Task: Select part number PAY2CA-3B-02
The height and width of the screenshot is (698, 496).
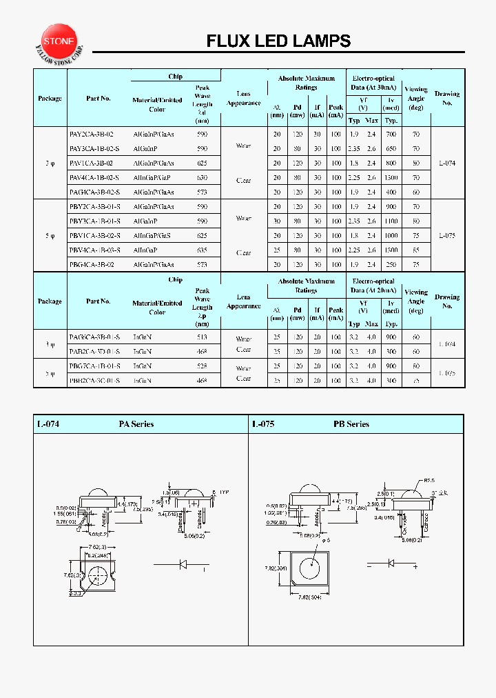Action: [x=92, y=134]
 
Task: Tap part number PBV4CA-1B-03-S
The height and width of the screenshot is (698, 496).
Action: [x=95, y=250]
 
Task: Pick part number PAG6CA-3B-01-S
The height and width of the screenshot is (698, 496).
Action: [x=95, y=337]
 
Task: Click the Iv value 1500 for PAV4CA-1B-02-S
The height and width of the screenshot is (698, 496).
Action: [x=392, y=178]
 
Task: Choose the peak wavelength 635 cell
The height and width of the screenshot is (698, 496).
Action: [x=202, y=250]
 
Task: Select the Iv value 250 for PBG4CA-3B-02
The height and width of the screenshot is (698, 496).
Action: [x=392, y=265]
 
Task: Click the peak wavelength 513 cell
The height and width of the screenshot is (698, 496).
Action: [x=202, y=337]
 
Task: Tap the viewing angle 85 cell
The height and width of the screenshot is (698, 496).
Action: [x=416, y=250]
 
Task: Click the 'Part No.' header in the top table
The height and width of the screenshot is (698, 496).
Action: [x=99, y=98]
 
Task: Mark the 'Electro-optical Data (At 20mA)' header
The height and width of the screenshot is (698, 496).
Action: [x=373, y=286]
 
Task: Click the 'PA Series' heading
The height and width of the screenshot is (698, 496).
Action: [x=136, y=424]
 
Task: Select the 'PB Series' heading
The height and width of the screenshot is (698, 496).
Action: [x=351, y=424]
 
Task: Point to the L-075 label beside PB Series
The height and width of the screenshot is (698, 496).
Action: [x=263, y=424]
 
